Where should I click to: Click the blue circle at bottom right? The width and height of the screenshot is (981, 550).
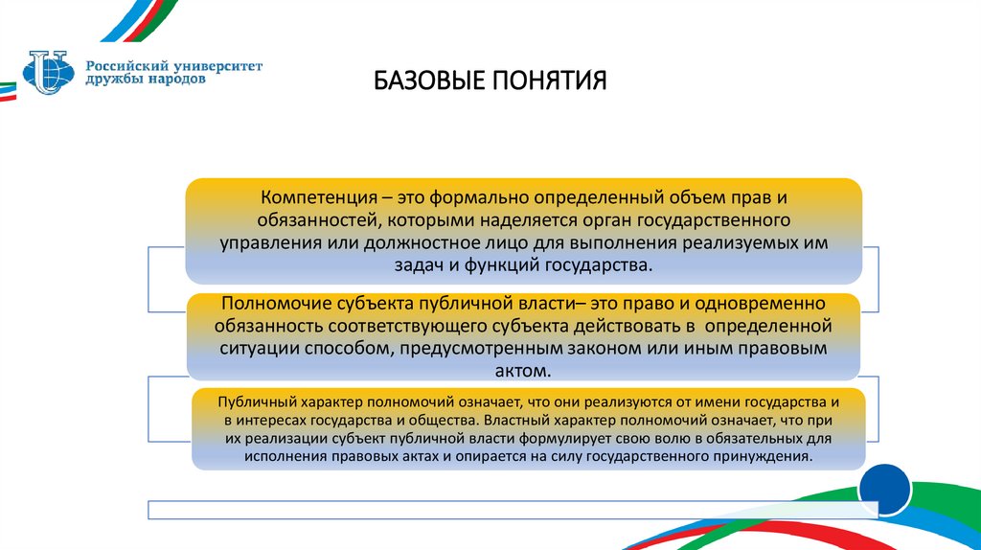click(x=884, y=491)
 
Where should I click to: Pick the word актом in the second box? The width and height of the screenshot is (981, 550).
click(x=525, y=370)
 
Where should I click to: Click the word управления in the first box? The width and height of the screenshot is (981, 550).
click(x=262, y=243)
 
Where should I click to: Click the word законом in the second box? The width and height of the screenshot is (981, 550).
click(x=648, y=348)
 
